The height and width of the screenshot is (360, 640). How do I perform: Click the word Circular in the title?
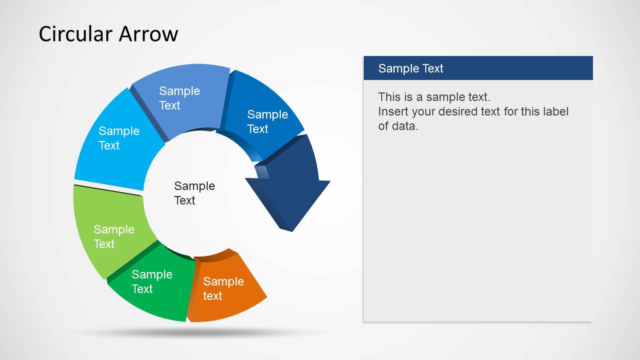click(x=76, y=34)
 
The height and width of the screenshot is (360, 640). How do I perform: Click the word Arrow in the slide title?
click(x=148, y=34)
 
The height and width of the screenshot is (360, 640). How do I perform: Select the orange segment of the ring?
click(x=226, y=287)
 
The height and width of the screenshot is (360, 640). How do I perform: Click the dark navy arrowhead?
click(x=289, y=185)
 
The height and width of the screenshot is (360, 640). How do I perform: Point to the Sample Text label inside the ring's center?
click(x=194, y=193)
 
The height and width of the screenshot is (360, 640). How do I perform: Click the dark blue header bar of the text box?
click(x=478, y=68)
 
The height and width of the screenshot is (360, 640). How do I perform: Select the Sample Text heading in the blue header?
click(x=411, y=68)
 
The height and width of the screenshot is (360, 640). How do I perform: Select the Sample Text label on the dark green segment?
click(x=152, y=281)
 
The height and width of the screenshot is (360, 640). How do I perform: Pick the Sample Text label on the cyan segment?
click(x=119, y=138)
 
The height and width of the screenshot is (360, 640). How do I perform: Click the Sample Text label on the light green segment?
click(x=114, y=236)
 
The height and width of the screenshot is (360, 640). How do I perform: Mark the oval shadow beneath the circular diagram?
click(x=200, y=332)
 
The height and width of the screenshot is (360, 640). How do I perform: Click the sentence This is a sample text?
click(x=434, y=97)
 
